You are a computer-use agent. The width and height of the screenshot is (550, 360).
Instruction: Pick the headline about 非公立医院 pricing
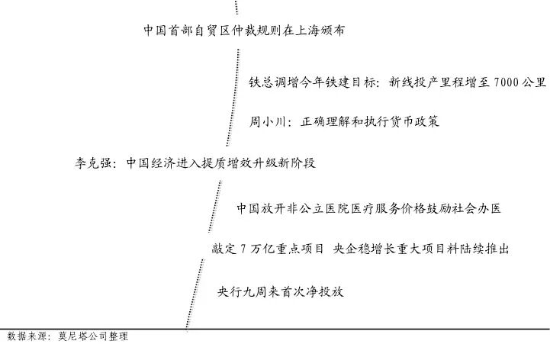pos(368,207)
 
